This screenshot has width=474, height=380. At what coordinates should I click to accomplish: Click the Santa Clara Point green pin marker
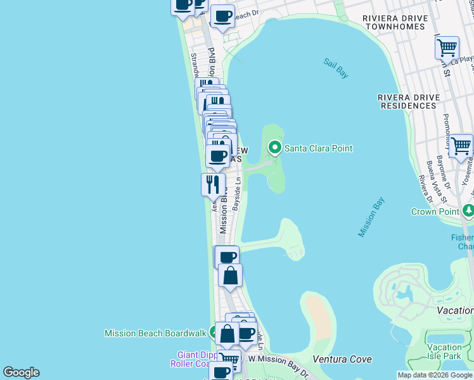point(275,148)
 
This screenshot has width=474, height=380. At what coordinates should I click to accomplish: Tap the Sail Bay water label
point(336,68)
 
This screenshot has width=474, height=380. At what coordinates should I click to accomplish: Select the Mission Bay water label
point(371,217)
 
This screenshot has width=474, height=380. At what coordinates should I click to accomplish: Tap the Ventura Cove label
point(342,359)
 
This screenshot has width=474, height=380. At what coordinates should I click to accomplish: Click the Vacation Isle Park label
point(444,351)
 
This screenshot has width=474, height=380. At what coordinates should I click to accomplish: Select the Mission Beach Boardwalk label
point(155,332)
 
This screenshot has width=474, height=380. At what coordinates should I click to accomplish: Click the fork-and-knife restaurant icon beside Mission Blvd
point(213,184)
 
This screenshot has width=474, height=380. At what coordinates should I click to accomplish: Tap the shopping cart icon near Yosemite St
point(461,146)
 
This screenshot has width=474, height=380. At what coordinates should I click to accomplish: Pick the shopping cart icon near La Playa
point(447,47)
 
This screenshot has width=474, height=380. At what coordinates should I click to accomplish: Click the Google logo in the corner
point(21,372)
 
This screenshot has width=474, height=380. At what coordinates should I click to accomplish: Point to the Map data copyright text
point(435,375)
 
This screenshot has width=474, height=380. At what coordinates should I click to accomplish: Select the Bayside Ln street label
point(238,194)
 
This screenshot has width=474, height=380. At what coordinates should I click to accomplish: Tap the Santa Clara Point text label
point(317,148)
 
